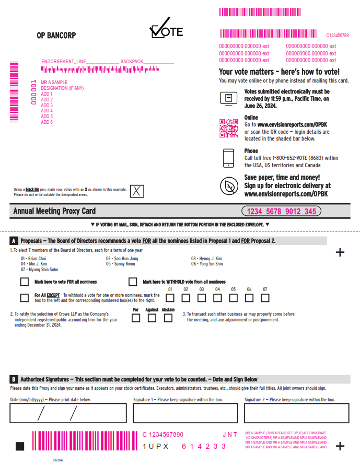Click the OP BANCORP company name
(56, 36)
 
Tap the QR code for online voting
(228, 128)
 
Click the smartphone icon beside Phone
(228, 158)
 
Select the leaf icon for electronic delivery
(228, 185)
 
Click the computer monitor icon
(228, 98)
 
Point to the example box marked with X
(137, 191)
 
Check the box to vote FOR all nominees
(24, 282)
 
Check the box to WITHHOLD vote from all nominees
(133, 282)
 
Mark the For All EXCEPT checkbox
(24, 298)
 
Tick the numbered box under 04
(217, 298)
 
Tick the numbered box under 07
(265, 298)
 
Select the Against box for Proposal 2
(152, 318)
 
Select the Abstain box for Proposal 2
(168, 318)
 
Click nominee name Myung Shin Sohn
(39, 270)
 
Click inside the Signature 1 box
(185, 413)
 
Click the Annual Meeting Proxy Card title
(54, 211)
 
